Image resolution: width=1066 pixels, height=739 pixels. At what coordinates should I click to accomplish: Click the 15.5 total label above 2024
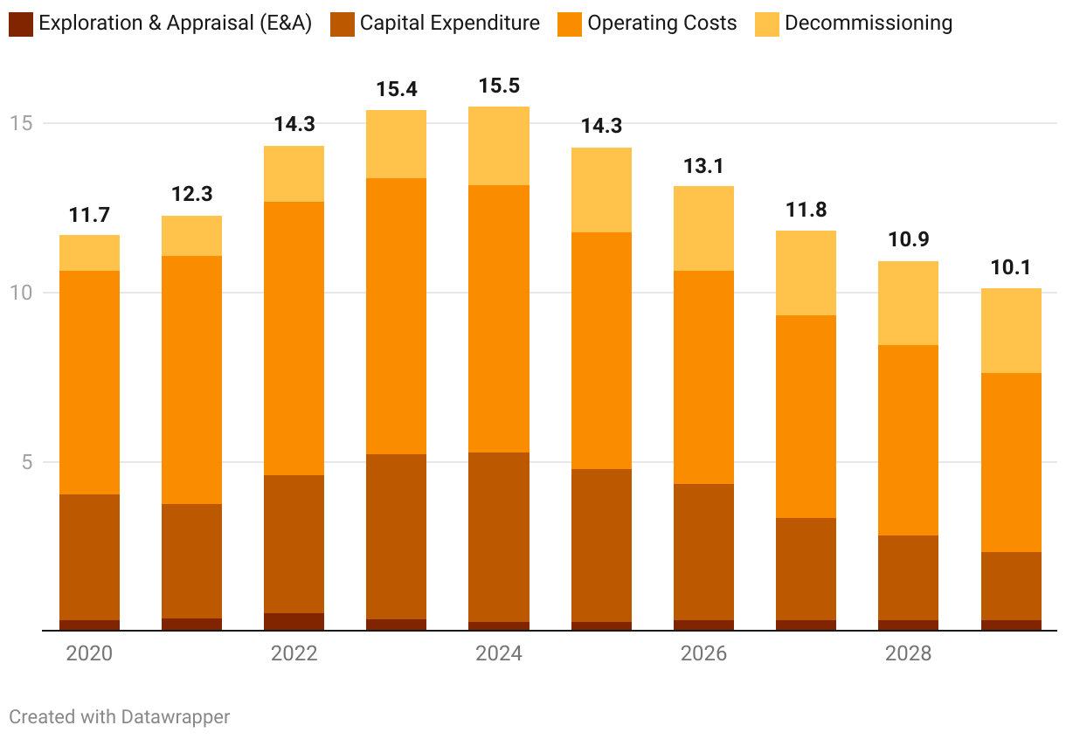pos(499,86)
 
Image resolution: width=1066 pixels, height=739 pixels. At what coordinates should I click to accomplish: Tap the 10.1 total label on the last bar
pos(1011,267)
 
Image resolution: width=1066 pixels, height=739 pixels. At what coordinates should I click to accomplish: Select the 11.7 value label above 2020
pos(89,215)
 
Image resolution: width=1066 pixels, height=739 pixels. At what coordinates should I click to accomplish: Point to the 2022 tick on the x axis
pos(294,653)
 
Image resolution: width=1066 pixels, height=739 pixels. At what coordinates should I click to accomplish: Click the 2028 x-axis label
pos(908,653)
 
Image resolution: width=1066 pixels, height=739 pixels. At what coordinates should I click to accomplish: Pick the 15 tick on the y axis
pos(21,123)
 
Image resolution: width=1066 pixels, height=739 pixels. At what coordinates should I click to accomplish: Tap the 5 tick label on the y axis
pos(27,461)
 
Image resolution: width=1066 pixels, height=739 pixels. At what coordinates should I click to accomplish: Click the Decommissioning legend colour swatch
pos(766,24)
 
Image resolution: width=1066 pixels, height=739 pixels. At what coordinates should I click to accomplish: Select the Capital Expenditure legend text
pos(449,24)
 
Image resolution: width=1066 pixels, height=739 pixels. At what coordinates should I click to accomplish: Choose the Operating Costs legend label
pos(661,24)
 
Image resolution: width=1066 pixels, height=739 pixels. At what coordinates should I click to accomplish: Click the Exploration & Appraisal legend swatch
pos(21,24)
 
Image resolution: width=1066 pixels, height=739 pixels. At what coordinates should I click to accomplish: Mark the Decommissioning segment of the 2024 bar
pos(499,146)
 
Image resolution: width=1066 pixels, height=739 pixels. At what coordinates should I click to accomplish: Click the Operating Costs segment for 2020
pos(89,383)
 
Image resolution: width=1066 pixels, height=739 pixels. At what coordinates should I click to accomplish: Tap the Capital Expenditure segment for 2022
pos(294,544)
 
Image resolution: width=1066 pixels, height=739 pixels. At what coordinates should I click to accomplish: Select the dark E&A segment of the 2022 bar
pos(294,621)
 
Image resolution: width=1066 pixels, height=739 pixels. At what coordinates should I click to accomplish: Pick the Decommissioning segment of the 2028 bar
pos(908,303)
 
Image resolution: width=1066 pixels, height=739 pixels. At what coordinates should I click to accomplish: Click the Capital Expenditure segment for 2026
pos(703,552)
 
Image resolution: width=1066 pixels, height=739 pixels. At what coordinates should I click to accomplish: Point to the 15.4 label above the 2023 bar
pos(397,89)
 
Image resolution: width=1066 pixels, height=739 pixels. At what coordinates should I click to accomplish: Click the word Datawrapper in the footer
pos(175,717)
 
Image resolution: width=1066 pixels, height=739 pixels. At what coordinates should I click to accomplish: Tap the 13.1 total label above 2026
pos(703,166)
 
